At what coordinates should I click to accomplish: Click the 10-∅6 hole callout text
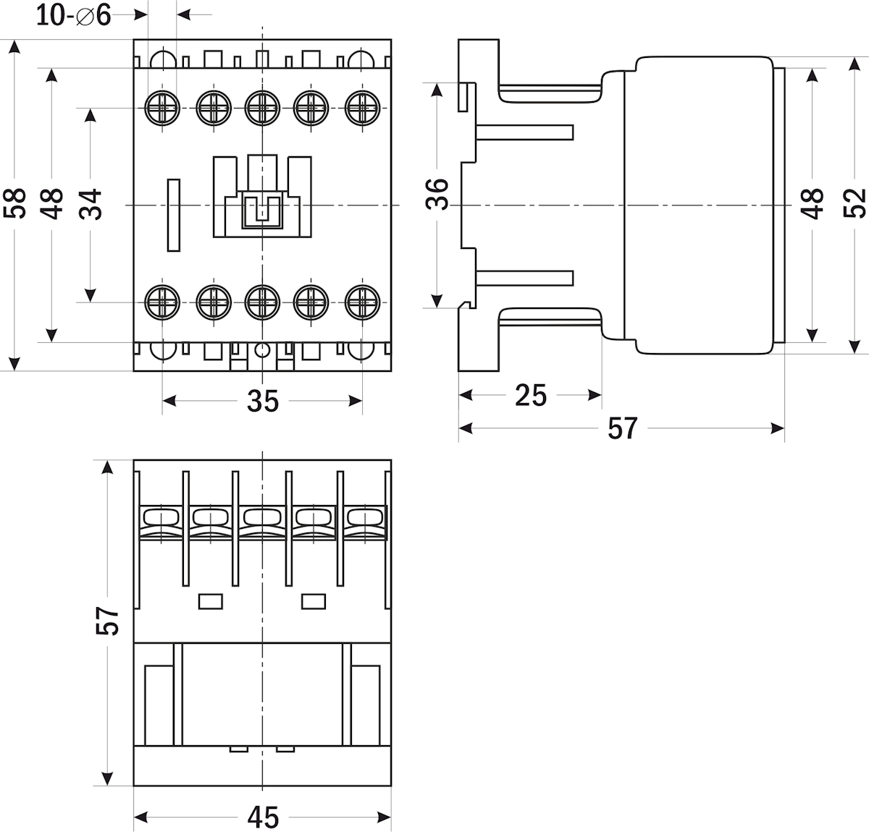[x=74, y=14]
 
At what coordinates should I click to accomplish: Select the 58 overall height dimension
[x=14, y=203]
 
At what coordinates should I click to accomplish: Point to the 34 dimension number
[x=91, y=203]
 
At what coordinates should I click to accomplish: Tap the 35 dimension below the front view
[x=262, y=400]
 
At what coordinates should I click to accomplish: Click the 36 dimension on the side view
[x=437, y=194]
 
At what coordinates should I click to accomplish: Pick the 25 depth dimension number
[x=531, y=395]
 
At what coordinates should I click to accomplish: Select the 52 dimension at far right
[x=855, y=203]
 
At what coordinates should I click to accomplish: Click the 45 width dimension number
[x=262, y=818]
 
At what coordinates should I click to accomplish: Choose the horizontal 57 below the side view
[x=622, y=428]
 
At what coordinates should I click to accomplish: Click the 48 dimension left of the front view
[x=51, y=203]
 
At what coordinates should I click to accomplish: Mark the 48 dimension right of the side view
[x=813, y=203]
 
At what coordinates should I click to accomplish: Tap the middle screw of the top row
[x=262, y=108]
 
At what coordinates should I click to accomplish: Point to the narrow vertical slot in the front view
[x=174, y=215]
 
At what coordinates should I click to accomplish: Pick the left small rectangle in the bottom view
[x=210, y=600]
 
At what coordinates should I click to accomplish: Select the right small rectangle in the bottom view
[x=314, y=600]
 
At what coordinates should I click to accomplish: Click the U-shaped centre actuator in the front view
[x=262, y=210]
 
